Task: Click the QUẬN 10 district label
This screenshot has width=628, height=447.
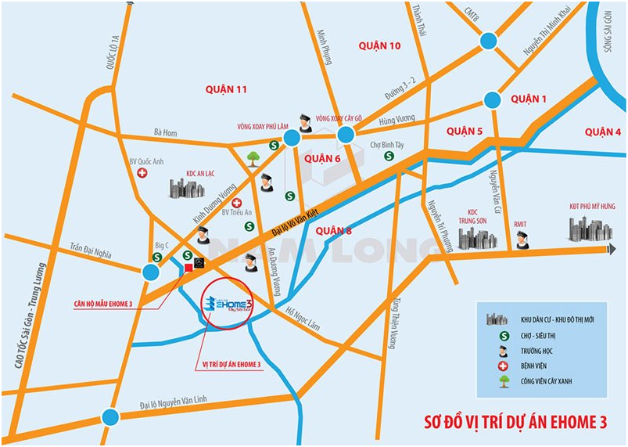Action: pyautogui.click(x=379, y=46)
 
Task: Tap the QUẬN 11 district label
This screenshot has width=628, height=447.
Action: pyautogui.click(x=226, y=90)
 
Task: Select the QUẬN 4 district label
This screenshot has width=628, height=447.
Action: pyautogui.click(x=602, y=132)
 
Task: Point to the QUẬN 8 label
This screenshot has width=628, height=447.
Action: pyautogui.click(x=336, y=230)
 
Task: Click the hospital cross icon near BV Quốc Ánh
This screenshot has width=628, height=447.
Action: pyautogui.click(x=142, y=173)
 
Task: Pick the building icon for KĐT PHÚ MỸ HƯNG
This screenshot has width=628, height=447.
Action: pyautogui.click(x=590, y=229)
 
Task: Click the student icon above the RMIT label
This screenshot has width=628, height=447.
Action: pyautogui.click(x=522, y=240)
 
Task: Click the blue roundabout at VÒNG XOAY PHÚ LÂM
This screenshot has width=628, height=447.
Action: pyautogui.click(x=292, y=139)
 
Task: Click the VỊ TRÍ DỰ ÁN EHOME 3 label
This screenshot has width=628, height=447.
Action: pyautogui.click(x=227, y=365)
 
